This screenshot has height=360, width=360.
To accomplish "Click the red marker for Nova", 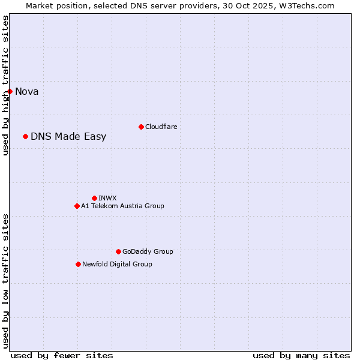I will [x=10, y=91].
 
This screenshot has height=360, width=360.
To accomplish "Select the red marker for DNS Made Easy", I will [x=25, y=136].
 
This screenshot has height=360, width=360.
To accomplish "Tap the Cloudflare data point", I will [x=141, y=127].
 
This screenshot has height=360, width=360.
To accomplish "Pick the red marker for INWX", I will [x=94, y=198].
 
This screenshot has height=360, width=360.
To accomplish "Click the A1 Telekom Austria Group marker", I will [x=77, y=206].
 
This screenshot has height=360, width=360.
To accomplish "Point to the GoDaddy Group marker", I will [x=118, y=251].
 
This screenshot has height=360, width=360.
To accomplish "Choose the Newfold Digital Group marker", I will [x=78, y=264].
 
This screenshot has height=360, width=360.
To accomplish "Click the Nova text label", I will [x=27, y=92].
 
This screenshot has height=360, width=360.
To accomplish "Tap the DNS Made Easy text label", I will [x=68, y=137].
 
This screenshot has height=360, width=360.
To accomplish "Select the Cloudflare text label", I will [x=161, y=127].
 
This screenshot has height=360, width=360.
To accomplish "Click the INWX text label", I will [x=107, y=198].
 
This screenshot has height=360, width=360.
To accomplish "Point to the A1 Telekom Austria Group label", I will [x=122, y=206].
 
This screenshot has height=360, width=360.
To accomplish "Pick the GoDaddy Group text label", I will [x=148, y=251].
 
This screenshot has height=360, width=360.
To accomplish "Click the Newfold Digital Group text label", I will [x=117, y=264].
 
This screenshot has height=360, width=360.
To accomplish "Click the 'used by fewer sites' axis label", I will [x=62, y=355].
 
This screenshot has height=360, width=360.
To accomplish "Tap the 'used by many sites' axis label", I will [x=301, y=355].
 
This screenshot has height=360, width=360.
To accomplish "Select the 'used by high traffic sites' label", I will [x=5, y=85].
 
